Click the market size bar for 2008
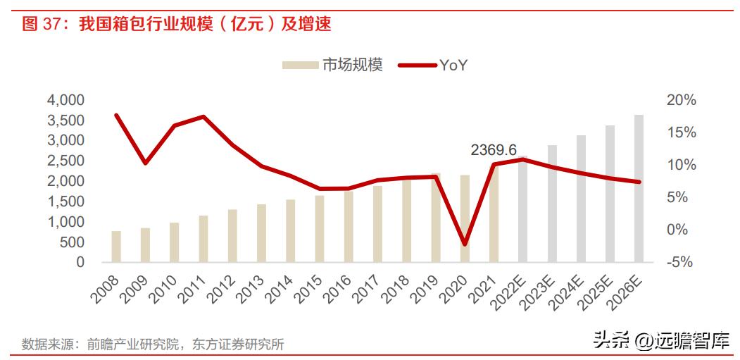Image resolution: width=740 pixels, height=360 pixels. point(116,246)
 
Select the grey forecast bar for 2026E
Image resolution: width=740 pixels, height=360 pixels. point(639,188)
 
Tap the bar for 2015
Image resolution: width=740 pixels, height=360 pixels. point(320,228)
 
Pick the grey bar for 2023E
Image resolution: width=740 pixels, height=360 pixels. point(552,204)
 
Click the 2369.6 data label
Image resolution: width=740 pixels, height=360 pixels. point(494,150)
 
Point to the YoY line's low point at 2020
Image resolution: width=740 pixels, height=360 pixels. point(465,244)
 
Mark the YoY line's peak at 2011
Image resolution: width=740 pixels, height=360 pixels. point(203,117)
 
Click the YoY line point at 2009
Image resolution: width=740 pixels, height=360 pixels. point(145,163)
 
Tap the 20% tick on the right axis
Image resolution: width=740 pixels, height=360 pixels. point(681,100)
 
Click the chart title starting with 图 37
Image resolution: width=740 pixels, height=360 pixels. point(176,24)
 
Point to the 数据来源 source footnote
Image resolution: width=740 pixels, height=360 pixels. point(153,345)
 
